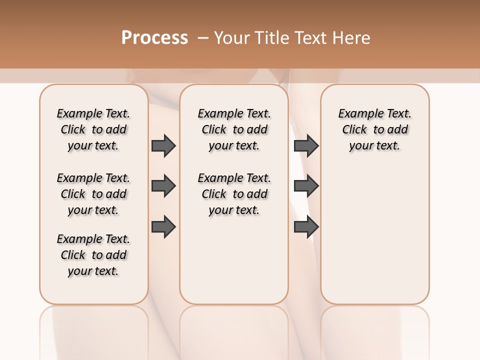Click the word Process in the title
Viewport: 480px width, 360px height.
pos(154,38)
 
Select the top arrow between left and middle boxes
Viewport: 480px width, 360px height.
pos(163,145)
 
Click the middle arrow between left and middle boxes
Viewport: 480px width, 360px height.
pos(163,186)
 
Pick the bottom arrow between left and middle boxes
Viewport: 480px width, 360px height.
pos(163,226)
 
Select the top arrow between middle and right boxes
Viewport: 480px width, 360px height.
pos(306,145)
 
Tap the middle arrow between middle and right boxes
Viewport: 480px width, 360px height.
pos(306,186)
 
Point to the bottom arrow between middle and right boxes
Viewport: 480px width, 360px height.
pos(306,226)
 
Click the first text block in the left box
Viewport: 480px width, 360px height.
pos(93,129)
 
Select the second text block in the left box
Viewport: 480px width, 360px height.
pos(93,194)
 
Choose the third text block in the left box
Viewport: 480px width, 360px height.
pos(93,255)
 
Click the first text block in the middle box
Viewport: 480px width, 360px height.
pos(234,129)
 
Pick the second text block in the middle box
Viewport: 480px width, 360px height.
pos(234,194)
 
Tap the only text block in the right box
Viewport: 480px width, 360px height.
pos(375,129)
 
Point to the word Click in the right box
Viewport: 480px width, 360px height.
pos(354,130)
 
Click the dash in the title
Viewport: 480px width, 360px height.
pos(203,38)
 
